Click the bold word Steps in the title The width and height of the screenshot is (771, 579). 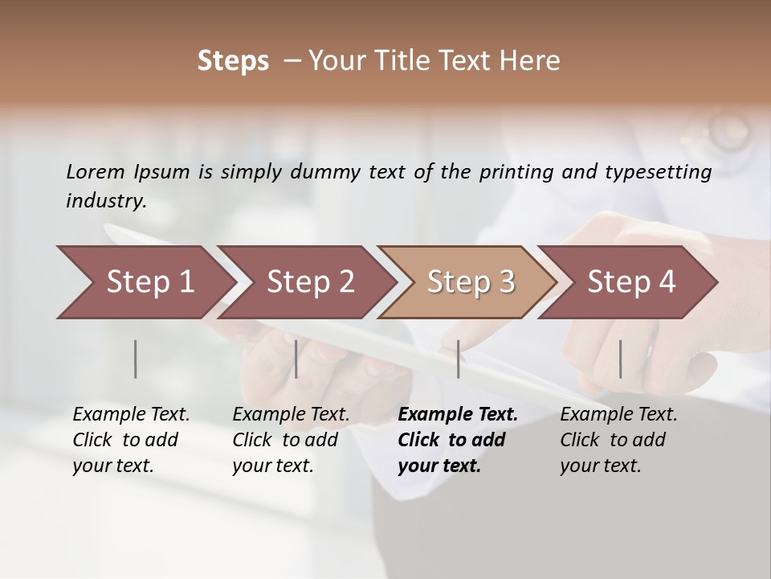233,61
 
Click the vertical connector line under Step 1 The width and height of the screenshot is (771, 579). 136,359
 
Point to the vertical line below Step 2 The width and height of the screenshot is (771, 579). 296,359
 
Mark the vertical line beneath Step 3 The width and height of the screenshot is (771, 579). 459,359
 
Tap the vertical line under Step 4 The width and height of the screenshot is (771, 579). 620,359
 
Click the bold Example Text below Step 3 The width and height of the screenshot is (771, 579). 458,415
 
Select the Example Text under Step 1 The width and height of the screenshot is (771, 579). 131,415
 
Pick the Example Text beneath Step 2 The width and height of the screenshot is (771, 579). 291,415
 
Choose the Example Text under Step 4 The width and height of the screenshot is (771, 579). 618,415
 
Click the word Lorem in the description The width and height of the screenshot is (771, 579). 96,172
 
